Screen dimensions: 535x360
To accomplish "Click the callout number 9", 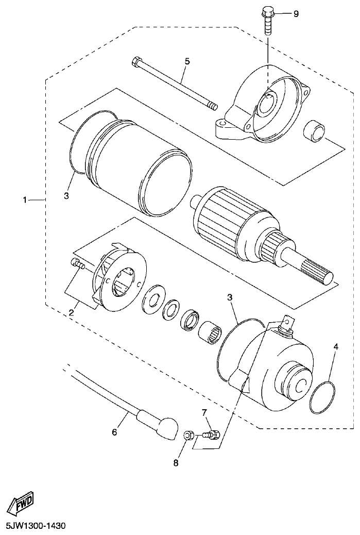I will point(296,14).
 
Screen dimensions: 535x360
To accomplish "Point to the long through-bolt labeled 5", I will point(175,85).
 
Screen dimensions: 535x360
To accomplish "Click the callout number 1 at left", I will point(24,199).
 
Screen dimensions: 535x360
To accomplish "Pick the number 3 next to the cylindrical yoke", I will point(66,196).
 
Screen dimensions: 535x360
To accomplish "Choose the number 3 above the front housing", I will point(230,297).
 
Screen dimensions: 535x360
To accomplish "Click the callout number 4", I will point(335,347).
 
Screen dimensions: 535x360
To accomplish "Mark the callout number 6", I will point(114,431).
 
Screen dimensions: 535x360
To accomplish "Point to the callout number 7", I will point(204,412).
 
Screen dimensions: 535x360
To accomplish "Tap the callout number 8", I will point(176,463).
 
